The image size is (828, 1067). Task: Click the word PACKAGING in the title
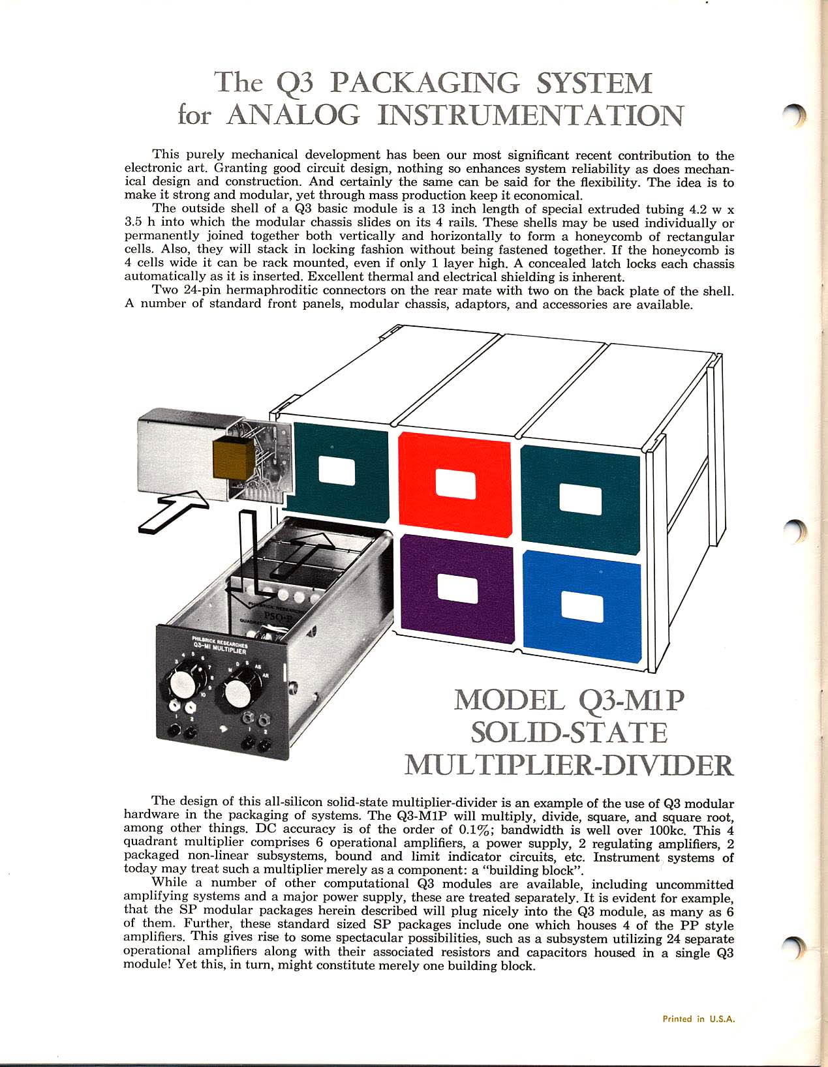tap(425, 83)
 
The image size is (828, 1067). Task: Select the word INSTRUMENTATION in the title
tap(530, 115)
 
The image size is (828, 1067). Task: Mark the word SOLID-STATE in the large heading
tap(569, 732)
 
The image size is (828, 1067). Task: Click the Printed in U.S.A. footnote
tap(698, 1019)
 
